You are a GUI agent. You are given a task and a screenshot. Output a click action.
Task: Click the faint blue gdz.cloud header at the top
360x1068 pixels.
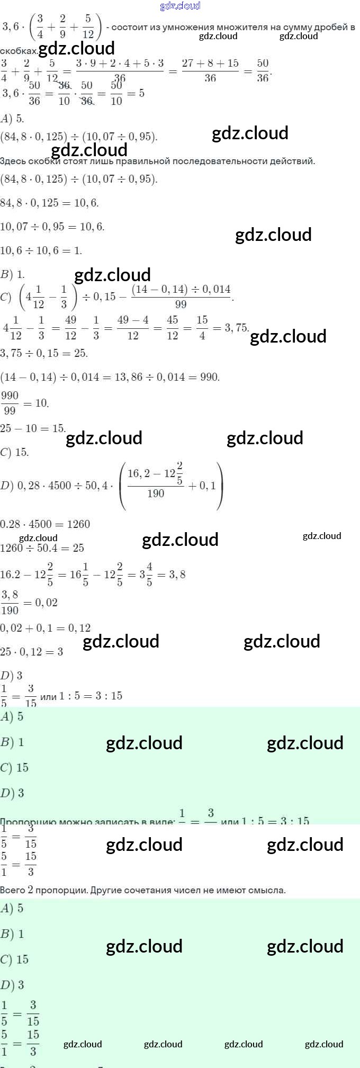[x=180, y=6]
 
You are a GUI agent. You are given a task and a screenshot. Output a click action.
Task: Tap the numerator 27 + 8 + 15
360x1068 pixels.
[x=210, y=64]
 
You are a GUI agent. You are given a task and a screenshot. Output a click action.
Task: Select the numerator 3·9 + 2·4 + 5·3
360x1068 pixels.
[x=120, y=64]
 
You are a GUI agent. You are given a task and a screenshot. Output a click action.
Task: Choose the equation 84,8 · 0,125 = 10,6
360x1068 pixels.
[x=49, y=203]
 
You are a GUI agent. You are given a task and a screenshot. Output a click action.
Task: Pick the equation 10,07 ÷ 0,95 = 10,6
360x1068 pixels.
[x=52, y=227]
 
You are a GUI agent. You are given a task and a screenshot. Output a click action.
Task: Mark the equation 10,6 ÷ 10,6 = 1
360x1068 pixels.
[x=41, y=250]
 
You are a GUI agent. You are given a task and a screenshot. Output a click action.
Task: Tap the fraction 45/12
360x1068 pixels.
[x=173, y=328]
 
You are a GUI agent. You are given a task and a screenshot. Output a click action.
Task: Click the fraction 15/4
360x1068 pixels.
[x=202, y=328]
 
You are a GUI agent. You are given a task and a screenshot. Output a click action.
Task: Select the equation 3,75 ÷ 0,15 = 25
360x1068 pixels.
[x=44, y=353]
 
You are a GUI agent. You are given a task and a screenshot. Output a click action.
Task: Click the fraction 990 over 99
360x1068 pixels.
[x=10, y=403]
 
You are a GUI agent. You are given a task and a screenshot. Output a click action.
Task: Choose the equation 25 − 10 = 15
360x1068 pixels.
[x=33, y=428]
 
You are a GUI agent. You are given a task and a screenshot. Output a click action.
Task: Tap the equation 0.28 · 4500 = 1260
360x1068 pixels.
[x=45, y=524]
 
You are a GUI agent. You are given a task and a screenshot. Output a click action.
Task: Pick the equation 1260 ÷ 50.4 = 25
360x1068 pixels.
[x=42, y=548]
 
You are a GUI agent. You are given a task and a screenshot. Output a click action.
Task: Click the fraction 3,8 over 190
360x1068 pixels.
[x=10, y=603]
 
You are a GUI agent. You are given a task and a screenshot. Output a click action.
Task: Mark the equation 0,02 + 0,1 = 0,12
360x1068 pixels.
[x=45, y=628]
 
